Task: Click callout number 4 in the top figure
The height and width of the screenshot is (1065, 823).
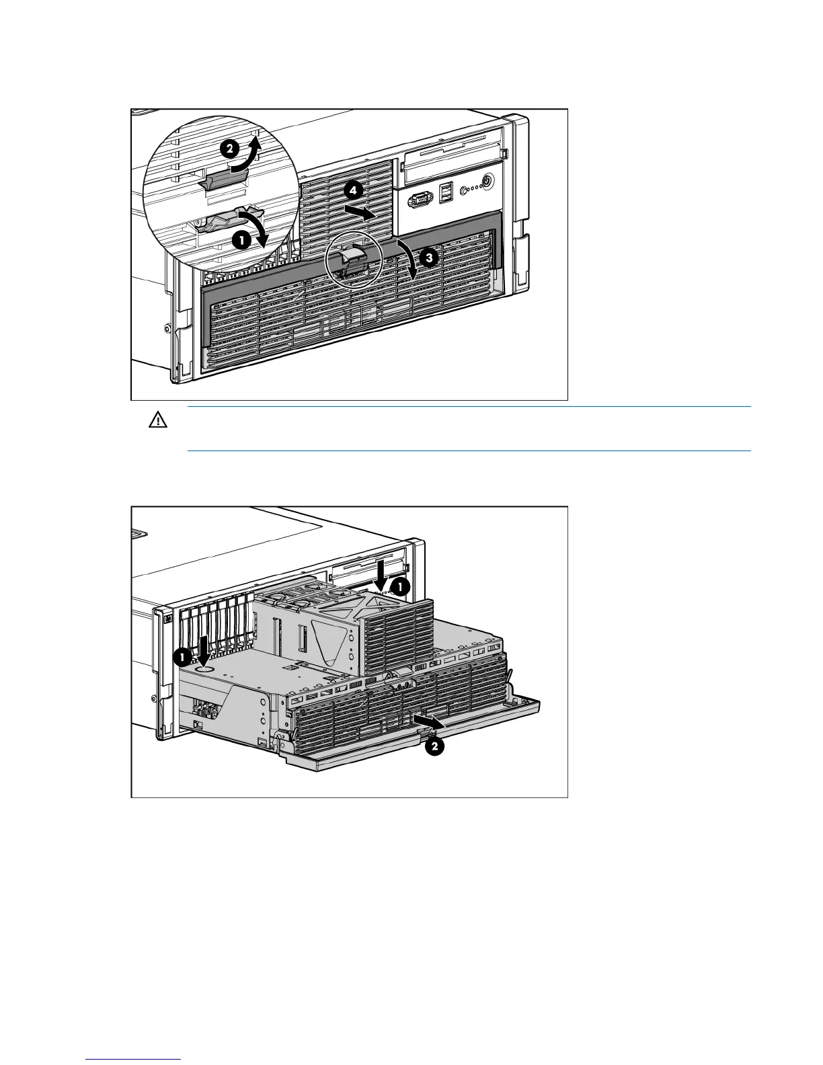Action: coord(352,191)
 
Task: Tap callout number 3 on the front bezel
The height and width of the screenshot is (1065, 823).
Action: coord(430,257)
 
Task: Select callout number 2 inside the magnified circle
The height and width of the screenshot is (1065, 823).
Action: coord(229,149)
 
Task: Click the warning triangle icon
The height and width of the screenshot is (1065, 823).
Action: coord(157,421)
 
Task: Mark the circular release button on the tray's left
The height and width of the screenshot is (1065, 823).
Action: coord(205,670)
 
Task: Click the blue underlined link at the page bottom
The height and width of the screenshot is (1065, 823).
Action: coord(134,1059)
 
